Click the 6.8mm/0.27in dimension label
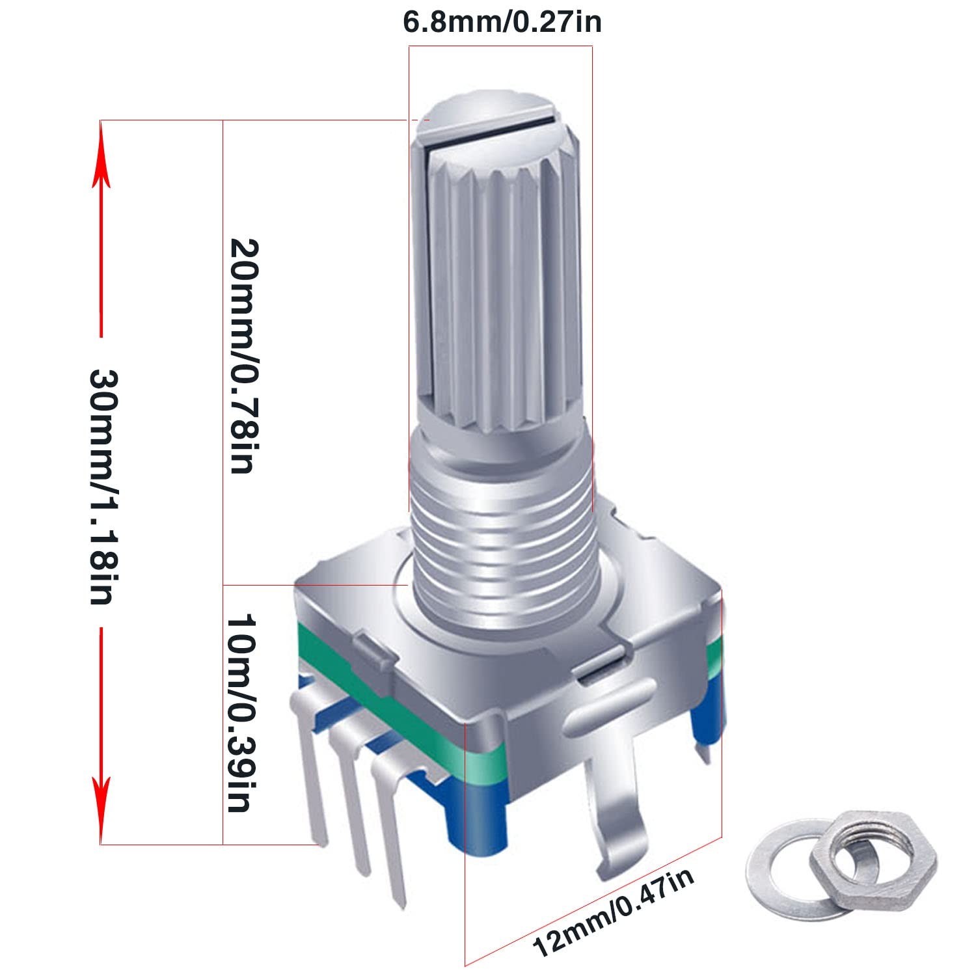502,22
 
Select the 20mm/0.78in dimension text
245,355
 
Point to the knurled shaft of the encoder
498,293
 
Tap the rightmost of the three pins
390,839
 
